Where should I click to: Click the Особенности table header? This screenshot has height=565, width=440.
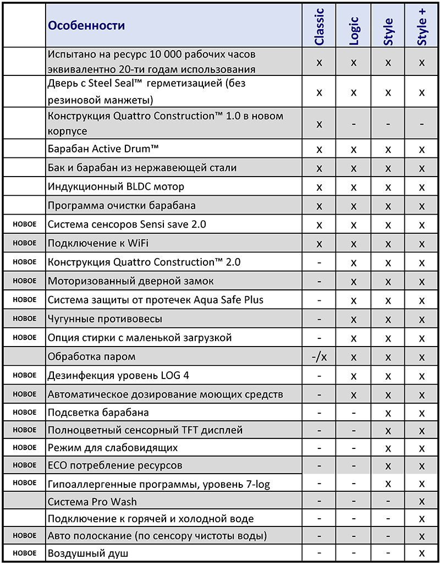pyautogui.click(x=86, y=25)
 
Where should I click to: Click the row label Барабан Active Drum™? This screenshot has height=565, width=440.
pyautogui.click(x=103, y=149)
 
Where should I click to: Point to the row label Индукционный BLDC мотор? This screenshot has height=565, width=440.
pyautogui.click(x=116, y=186)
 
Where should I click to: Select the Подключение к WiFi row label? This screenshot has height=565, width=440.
pyautogui.click(x=99, y=243)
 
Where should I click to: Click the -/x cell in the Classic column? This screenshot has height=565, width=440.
pyautogui.click(x=319, y=356)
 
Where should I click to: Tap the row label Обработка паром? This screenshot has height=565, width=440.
pyautogui.click(x=91, y=356)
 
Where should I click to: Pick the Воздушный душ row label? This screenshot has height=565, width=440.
pyautogui.click(x=88, y=553)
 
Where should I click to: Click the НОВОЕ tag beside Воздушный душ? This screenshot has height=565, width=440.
pyautogui.click(x=24, y=553)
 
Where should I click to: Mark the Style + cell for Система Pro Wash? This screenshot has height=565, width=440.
pyautogui.click(x=422, y=501)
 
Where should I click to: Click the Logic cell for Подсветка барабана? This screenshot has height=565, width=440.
pyautogui.click(x=354, y=412)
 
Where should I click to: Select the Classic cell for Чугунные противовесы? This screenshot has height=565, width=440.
pyautogui.click(x=319, y=319)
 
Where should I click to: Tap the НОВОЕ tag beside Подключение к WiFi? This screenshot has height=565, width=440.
pyautogui.click(x=24, y=242)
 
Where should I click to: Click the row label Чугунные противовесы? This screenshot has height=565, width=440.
pyautogui.click(x=105, y=319)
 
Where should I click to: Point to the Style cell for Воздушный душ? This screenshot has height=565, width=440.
pyautogui.click(x=388, y=553)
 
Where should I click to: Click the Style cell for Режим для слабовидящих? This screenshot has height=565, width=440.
pyautogui.click(x=388, y=448)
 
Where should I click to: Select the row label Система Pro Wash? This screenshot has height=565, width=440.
pyautogui.click(x=92, y=501)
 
